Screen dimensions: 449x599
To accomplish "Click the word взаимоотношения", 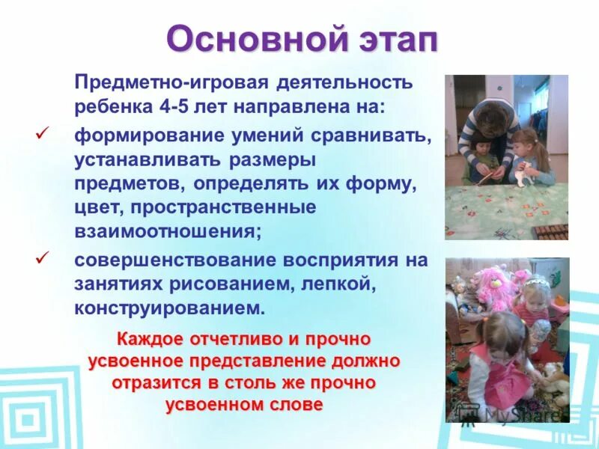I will coord(165,230).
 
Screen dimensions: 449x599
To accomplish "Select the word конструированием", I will coord(168,308).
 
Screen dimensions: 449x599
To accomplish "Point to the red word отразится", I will coord(153,382).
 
